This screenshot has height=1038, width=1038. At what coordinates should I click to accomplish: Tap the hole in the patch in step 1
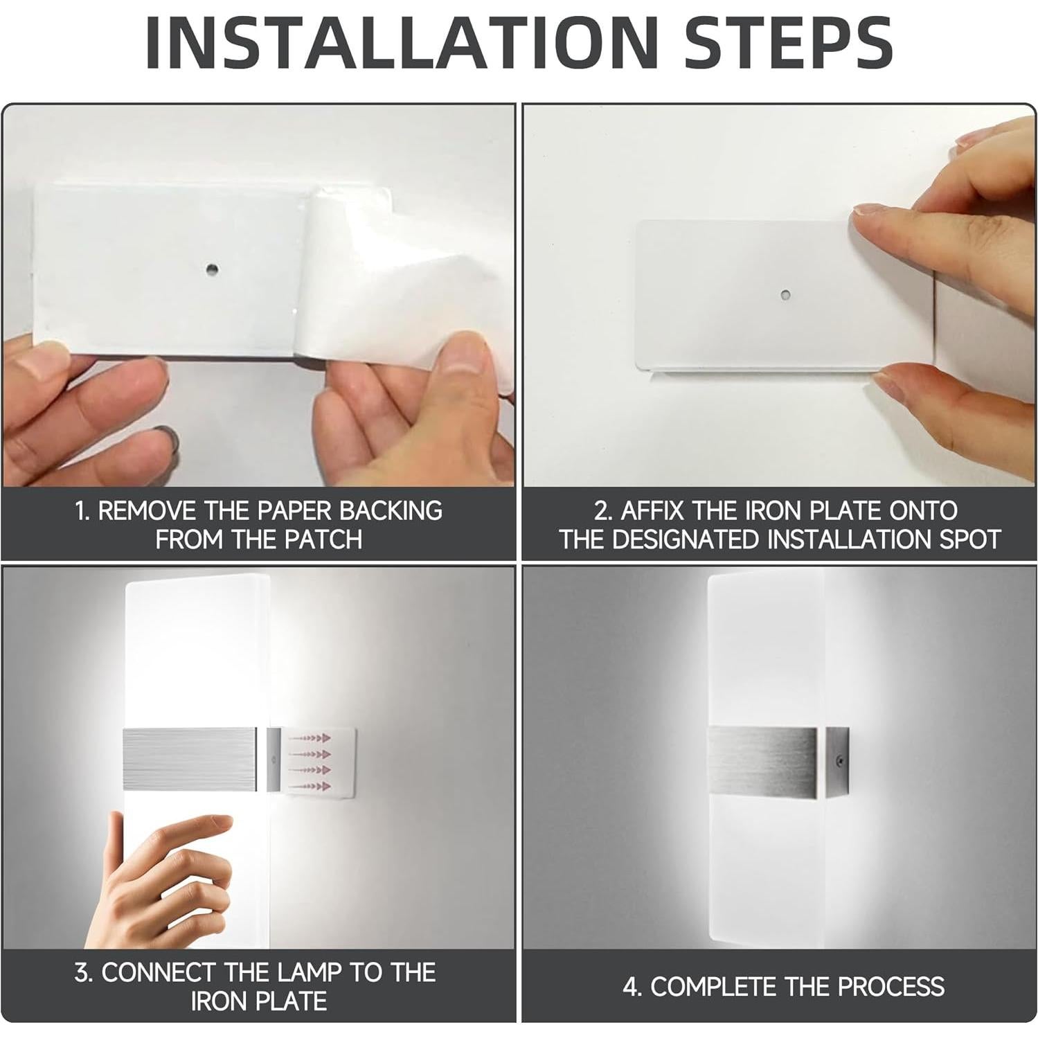point(211,268)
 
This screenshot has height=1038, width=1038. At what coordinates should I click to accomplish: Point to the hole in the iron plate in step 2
point(785,296)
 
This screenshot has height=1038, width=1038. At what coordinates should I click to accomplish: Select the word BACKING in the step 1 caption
point(391,510)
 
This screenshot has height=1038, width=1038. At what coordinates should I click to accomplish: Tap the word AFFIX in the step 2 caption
point(653,510)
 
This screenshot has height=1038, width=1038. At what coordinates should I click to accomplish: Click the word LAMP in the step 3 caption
point(307,972)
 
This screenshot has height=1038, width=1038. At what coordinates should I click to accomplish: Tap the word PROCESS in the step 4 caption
point(890,987)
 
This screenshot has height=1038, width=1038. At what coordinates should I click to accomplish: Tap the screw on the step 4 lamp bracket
point(840,760)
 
